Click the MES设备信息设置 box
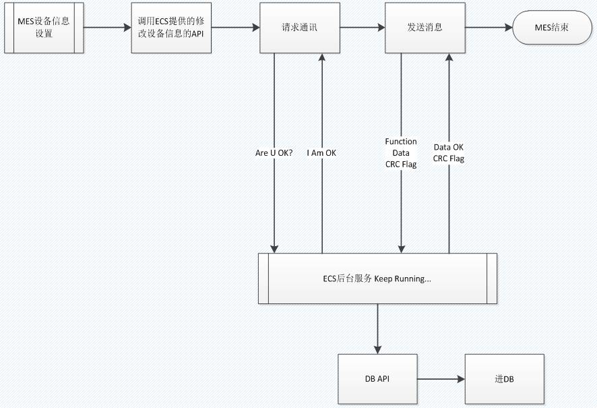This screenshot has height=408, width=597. click(44, 28)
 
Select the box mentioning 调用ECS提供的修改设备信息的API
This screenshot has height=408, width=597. click(171, 28)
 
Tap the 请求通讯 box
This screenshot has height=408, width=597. click(300, 28)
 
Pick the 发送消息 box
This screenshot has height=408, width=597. click(425, 28)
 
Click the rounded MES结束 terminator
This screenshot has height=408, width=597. click(552, 28)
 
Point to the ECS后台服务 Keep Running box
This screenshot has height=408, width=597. click(377, 279)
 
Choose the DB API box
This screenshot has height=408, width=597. click(377, 379)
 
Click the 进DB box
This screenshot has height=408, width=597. click(505, 379)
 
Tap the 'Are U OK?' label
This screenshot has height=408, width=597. click(274, 153)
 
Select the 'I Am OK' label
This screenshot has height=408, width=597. click(321, 153)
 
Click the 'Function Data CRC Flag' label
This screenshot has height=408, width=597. click(401, 153)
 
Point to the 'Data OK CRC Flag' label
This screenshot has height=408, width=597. click(449, 153)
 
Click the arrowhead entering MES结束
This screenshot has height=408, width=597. click(509, 28)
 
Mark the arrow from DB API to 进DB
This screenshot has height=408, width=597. click(441, 379)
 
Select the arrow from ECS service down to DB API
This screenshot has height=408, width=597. click(377, 329)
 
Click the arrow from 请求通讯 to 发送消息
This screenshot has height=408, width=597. click(363, 28)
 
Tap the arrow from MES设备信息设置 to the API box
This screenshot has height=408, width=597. click(107, 28)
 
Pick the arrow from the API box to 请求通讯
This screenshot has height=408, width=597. click(235, 28)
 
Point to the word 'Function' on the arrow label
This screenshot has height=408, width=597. click(401, 142)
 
